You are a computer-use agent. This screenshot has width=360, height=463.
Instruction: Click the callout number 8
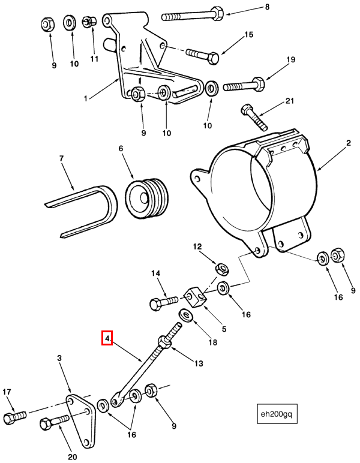pyautogui.click(x=267, y=7)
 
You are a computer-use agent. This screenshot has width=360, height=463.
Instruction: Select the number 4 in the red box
pyautogui.click(x=107, y=338)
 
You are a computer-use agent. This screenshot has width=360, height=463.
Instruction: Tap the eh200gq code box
pyautogui.click(x=277, y=413)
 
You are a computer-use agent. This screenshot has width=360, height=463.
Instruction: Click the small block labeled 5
pyautogui.click(x=195, y=298)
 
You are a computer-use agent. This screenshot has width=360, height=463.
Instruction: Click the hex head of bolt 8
pyautogui.click(x=217, y=14)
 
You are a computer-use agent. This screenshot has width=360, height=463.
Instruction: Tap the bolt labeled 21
pyautogui.click(x=254, y=117)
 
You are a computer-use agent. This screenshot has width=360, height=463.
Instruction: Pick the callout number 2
pyautogui.click(x=349, y=143)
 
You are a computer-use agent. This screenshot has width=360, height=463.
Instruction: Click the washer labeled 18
pyautogui.click(x=186, y=314)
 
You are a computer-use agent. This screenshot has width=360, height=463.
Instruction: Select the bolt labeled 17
pyautogui.click(x=15, y=417)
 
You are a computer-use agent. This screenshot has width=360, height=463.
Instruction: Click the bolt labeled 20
pyautogui.click(x=55, y=422)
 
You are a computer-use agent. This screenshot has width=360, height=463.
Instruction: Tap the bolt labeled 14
pyautogui.click(x=164, y=303)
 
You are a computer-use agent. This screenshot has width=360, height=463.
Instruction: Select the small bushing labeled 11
pyautogui.click(x=89, y=20)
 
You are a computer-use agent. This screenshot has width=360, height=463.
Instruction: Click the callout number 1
pyautogui.click(x=86, y=98)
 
